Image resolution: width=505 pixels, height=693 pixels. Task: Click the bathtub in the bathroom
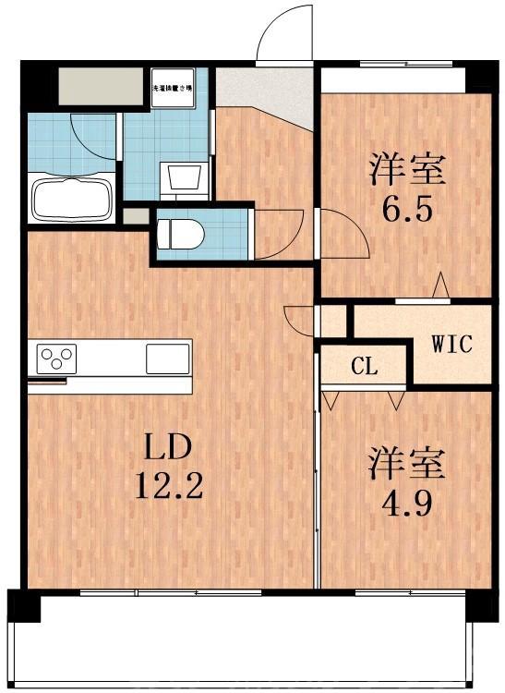point(72,198)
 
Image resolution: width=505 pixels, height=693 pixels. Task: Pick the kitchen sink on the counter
point(167,357)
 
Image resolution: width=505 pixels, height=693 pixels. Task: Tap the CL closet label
point(365,366)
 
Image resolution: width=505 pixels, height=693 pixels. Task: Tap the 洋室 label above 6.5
point(407,169)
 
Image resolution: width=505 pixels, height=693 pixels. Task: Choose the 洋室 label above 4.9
point(407,462)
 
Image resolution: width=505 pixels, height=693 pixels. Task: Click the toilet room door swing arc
point(280,232)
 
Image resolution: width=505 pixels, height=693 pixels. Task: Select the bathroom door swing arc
point(93,140)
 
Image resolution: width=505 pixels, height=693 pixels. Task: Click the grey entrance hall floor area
point(268,92)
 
